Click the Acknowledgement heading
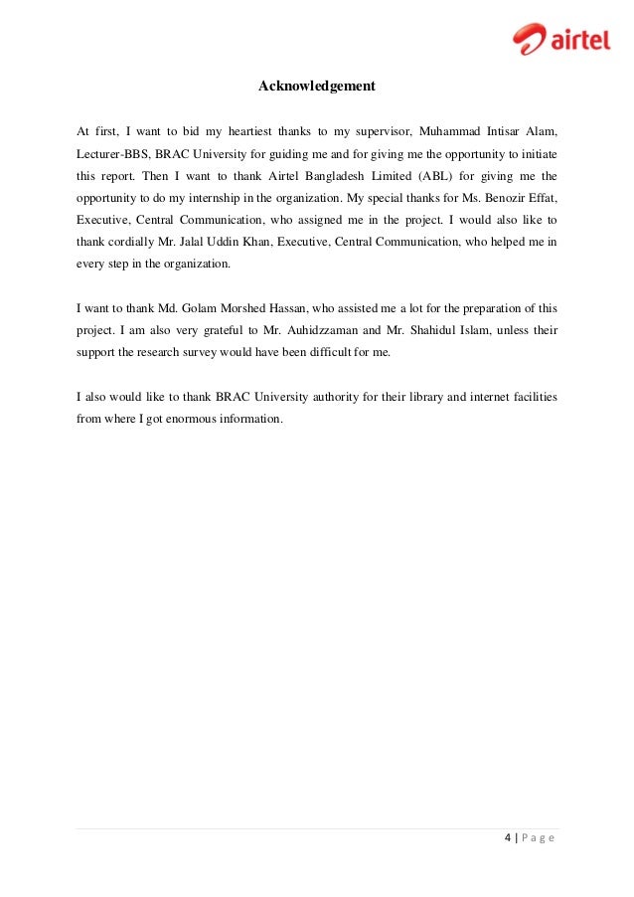click(316, 87)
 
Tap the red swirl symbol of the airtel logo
click(529, 39)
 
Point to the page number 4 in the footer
click(507, 838)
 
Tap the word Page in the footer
click(537, 838)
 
